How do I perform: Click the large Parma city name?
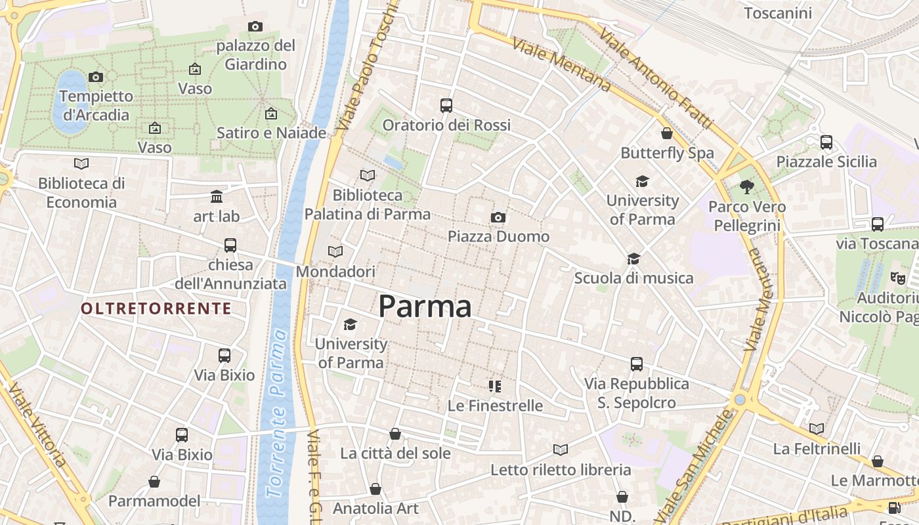point(425,306)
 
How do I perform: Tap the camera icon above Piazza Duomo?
point(498,217)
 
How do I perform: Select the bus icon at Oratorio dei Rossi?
point(446,105)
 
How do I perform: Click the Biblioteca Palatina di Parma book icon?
point(368,175)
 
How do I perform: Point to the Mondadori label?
point(335,271)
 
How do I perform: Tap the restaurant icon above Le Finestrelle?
point(495,386)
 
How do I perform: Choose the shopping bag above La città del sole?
point(395,434)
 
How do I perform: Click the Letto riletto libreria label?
point(561,470)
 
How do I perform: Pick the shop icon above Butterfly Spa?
point(667,133)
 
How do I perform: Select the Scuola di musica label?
point(633,278)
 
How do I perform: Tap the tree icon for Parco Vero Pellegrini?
point(746,187)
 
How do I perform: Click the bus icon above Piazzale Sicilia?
point(826,142)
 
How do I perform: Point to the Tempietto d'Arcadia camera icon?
point(96,77)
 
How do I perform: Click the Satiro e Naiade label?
point(271,133)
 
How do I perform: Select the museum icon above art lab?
point(217,196)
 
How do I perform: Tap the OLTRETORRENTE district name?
point(156,308)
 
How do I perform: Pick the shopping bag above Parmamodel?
point(154,482)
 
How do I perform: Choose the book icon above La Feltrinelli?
point(817,429)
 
